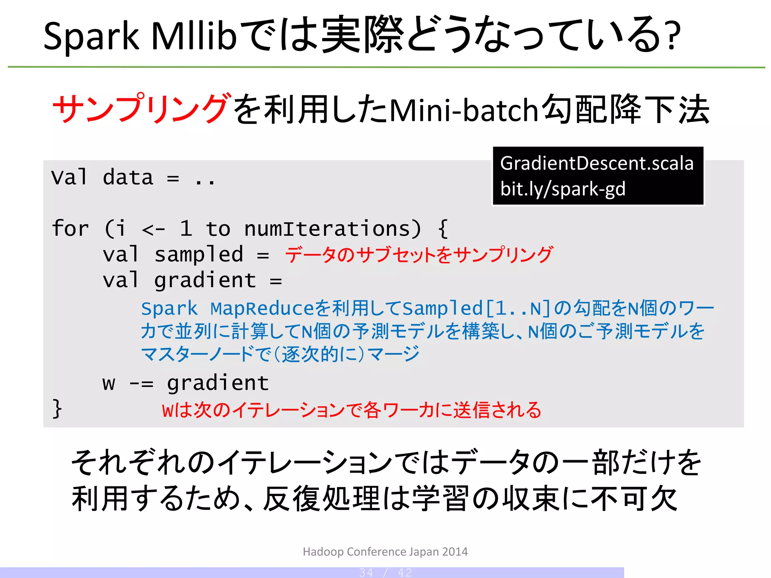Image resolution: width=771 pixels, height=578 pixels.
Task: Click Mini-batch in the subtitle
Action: point(464,110)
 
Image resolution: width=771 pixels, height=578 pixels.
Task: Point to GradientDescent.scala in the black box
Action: point(597,163)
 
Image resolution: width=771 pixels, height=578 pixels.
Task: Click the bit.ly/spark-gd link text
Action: point(562,189)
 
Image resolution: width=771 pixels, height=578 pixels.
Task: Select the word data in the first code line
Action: point(128,177)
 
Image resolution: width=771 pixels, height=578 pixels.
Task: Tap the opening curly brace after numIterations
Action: point(443,228)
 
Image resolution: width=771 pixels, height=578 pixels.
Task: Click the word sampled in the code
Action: point(199,254)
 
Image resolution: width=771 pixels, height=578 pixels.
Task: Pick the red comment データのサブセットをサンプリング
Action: point(419,255)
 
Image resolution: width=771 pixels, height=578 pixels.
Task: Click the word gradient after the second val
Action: point(205,280)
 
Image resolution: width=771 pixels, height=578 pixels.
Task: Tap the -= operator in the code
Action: point(141,383)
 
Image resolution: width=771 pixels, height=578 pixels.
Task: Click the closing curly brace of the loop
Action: point(57,408)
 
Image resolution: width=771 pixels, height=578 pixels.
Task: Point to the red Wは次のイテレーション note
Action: point(351,410)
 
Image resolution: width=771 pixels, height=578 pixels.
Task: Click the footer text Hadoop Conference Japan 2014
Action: point(385,552)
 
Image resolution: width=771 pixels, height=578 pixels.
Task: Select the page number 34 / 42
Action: point(385,572)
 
